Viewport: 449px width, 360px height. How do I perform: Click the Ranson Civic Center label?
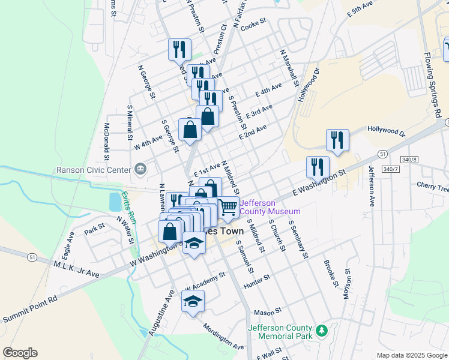[93, 169]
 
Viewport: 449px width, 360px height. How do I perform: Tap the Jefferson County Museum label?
[270, 207]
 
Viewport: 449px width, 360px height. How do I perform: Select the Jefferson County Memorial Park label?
[280, 332]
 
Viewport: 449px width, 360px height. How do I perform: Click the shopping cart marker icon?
[228, 208]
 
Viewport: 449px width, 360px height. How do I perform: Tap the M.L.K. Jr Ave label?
[76, 269]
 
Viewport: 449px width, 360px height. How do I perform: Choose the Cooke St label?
[253, 23]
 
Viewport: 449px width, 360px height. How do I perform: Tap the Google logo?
[20, 353]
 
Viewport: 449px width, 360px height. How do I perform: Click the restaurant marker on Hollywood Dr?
[337, 140]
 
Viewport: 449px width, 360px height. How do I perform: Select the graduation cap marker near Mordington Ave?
[193, 301]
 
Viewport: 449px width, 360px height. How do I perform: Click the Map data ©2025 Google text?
[411, 355]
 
